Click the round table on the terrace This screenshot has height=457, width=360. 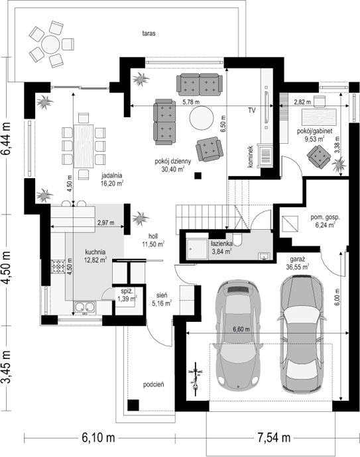[x=50, y=44]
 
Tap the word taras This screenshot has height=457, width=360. [x=149, y=33]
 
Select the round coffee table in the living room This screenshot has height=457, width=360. [x=202, y=119]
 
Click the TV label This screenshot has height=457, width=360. [x=252, y=111]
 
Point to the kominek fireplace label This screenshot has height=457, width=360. [x=251, y=157]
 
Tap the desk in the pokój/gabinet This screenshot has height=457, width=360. [x=319, y=117]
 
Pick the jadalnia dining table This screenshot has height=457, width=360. [x=84, y=146]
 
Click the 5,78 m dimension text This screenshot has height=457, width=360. [x=191, y=102]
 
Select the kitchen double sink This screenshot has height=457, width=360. [x=85, y=307]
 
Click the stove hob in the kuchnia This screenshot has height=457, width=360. [x=58, y=267]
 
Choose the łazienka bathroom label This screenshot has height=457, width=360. [x=221, y=244]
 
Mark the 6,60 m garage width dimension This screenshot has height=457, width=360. [x=241, y=329]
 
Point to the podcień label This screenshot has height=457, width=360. [x=153, y=385]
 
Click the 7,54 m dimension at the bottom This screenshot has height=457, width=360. [x=274, y=438]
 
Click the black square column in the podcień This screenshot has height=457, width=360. [x=133, y=405]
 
